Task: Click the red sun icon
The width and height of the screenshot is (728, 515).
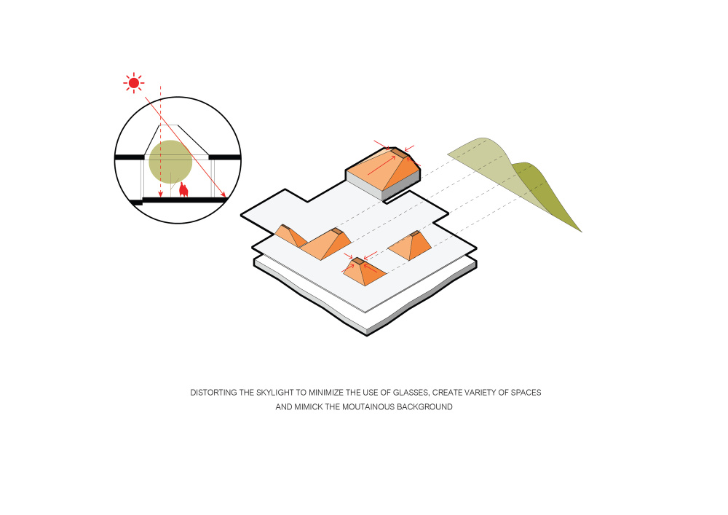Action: tap(134, 83)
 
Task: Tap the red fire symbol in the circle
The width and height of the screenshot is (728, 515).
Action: tap(184, 189)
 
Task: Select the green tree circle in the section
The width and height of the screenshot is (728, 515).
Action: tap(170, 162)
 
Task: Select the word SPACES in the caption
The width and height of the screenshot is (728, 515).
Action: tap(526, 393)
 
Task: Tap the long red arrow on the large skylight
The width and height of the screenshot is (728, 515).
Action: tap(381, 165)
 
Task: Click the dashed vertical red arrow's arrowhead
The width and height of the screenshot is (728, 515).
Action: tap(160, 193)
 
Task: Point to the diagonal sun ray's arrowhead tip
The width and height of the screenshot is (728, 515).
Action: tap(226, 197)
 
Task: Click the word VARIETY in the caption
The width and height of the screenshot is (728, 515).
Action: tap(478, 393)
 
